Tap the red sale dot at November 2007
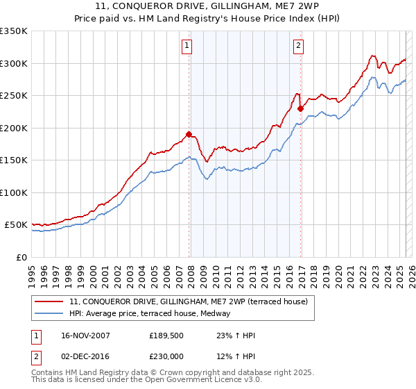(189, 135)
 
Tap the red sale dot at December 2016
(300, 108)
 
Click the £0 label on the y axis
(22, 257)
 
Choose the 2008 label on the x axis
(191, 272)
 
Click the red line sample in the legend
(49, 301)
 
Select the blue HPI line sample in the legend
(49, 313)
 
